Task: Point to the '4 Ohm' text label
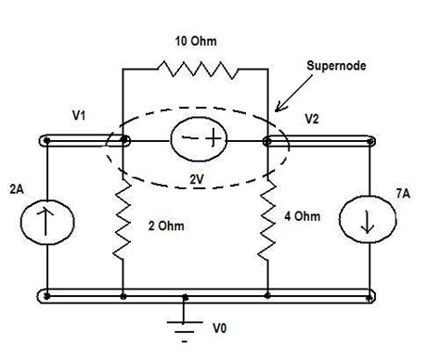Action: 302,217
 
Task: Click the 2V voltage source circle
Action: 197,141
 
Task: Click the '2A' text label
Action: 16,189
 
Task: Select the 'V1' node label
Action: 80,117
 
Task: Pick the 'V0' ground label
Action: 219,328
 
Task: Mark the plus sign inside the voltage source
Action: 211,140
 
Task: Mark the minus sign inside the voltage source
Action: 185,141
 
